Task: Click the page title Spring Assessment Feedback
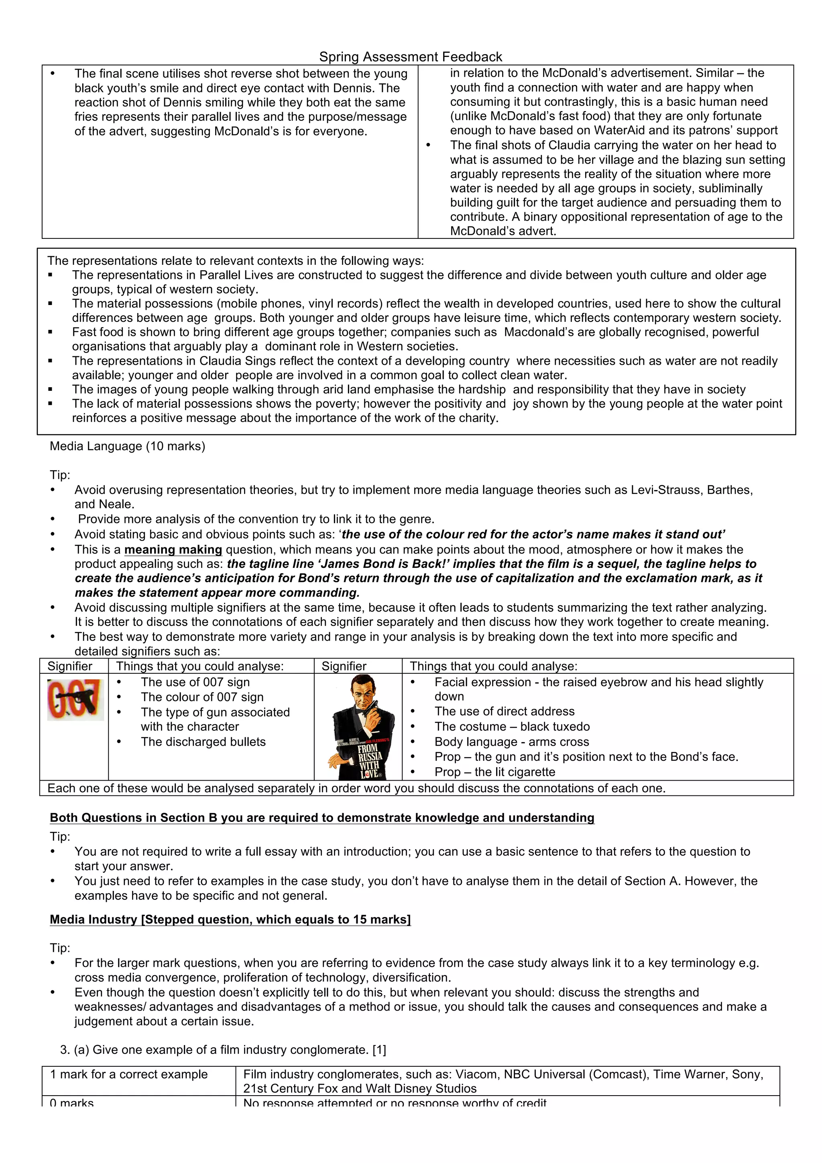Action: coord(410,57)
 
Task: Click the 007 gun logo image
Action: coord(75,699)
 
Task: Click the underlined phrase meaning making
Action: coord(173,549)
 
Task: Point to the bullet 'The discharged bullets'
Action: coord(203,742)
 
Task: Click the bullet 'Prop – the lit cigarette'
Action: coord(494,772)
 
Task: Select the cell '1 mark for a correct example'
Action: coord(129,1074)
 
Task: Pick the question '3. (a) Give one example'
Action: coord(223,1049)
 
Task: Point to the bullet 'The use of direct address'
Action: coord(504,711)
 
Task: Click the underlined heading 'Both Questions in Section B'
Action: coord(321,817)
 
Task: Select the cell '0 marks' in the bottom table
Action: coord(72,1103)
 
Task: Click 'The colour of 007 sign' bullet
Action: coord(202,697)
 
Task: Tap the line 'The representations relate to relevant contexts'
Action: coord(236,261)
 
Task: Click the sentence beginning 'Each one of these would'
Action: coord(356,788)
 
